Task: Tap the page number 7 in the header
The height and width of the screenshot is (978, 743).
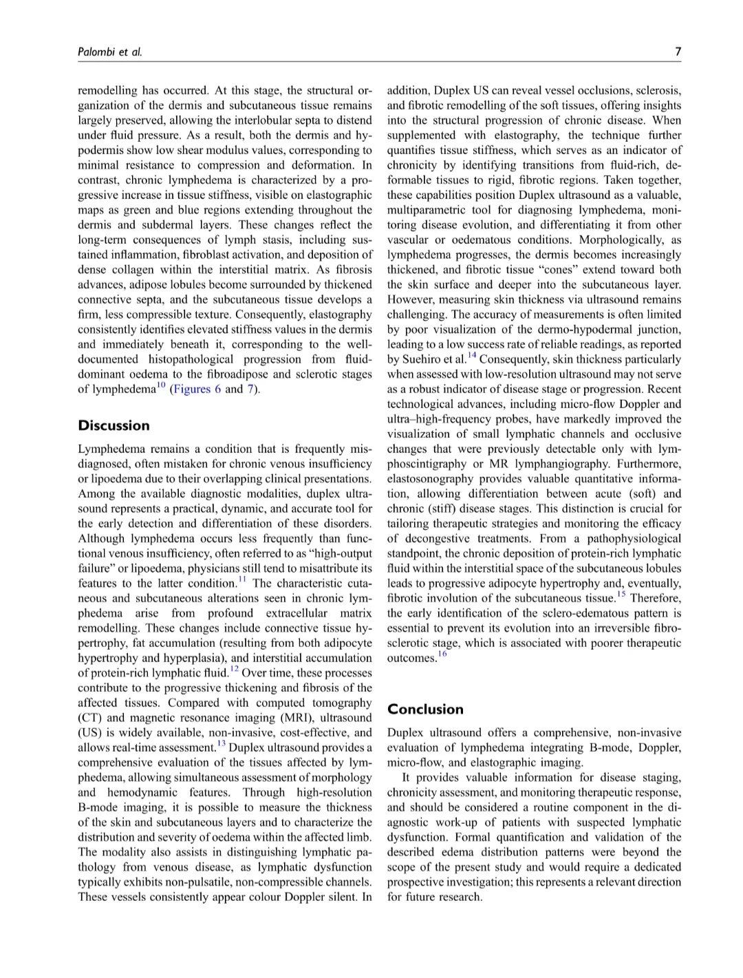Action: pos(678,52)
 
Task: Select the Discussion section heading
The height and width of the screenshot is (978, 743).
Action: pos(114,425)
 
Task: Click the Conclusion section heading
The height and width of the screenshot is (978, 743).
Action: pos(425,709)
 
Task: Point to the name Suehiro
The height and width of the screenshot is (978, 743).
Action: pos(425,359)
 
